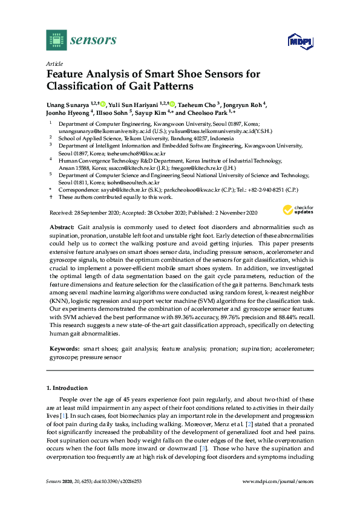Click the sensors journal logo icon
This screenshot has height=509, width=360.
pyautogui.click(x=56, y=40)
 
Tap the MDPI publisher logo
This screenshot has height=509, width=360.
pyautogui.click(x=298, y=41)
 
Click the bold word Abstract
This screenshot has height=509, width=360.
pyautogui.click(x=62, y=225)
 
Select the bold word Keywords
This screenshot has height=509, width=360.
pyautogui.click(x=64, y=349)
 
